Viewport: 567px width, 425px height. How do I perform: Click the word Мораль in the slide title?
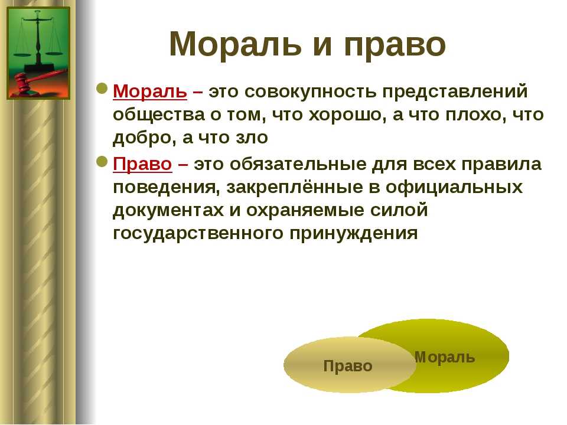(235, 44)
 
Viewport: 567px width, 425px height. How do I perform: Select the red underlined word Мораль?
(149, 91)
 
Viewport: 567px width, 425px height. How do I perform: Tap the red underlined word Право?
(142, 164)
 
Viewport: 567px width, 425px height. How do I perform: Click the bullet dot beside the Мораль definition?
(102, 89)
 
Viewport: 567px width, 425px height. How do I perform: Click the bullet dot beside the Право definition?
(102, 162)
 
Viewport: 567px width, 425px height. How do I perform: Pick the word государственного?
(198, 234)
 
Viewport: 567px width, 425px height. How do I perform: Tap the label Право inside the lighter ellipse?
(348, 367)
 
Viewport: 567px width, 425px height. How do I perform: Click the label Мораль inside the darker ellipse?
(444, 358)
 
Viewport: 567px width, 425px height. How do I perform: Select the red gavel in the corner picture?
(39, 81)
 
